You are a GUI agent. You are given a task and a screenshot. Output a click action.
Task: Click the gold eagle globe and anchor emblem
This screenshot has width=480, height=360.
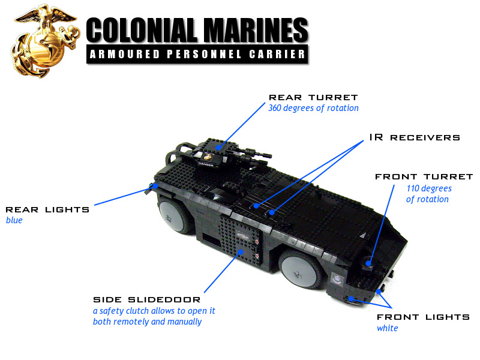45,41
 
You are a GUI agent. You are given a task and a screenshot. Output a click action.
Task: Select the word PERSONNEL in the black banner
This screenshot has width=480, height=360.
204,54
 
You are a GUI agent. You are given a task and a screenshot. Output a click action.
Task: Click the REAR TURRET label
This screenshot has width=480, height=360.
313,97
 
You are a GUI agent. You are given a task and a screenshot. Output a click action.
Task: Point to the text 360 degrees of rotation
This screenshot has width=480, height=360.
313,108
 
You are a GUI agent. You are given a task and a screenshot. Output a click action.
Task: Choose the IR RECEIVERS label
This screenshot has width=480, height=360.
415,137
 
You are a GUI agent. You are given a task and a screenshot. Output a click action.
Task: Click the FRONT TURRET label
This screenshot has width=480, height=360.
424,176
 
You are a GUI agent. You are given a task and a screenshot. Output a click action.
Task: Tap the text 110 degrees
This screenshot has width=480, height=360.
429,188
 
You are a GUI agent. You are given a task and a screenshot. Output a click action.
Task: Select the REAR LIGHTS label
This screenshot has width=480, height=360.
47,209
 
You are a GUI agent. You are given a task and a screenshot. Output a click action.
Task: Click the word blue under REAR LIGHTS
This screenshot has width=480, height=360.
14,220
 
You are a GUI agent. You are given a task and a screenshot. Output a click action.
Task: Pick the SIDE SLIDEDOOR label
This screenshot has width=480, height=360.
146,299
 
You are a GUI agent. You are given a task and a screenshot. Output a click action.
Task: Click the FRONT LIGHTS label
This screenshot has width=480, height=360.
423,317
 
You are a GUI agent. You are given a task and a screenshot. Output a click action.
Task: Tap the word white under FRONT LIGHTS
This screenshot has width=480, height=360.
387,328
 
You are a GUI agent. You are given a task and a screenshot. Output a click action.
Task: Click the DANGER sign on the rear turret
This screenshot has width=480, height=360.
206,164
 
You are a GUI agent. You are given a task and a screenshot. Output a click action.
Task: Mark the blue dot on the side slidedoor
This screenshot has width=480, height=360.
241,252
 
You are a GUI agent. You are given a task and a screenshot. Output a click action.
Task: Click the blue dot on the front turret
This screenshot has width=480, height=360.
368,263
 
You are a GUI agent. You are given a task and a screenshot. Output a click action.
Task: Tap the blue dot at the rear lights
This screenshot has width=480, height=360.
156,186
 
